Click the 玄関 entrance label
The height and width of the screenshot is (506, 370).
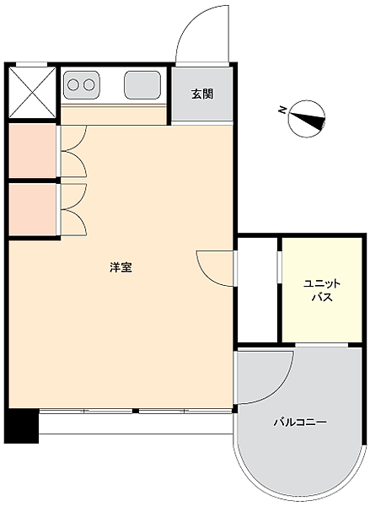click(x=202, y=94)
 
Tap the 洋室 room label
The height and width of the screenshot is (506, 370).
click(x=121, y=268)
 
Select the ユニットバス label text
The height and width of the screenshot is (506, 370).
click(x=321, y=290)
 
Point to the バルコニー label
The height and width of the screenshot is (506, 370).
click(x=299, y=422)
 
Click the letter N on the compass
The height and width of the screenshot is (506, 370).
click(x=282, y=110)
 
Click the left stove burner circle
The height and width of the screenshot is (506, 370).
click(x=73, y=84)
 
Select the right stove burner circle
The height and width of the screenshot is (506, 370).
click(x=88, y=84)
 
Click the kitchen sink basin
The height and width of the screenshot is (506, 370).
click(x=142, y=84)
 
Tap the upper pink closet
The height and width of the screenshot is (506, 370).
click(x=32, y=152)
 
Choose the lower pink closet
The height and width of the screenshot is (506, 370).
click(x=32, y=209)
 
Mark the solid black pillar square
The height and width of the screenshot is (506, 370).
click(x=22, y=426)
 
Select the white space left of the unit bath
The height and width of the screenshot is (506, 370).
click(x=257, y=291)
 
